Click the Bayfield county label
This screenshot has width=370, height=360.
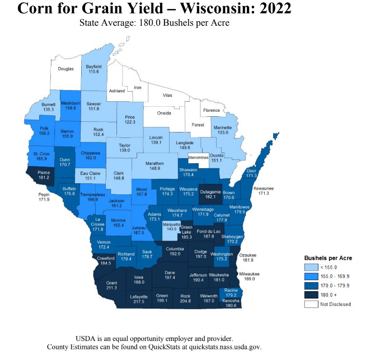coord(93,66)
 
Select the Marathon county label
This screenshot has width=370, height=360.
coord(155,163)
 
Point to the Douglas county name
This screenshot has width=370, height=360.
coord(66,69)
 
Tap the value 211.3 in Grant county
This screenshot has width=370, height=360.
coord(111,288)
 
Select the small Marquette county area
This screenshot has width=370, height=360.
coord(171,228)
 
